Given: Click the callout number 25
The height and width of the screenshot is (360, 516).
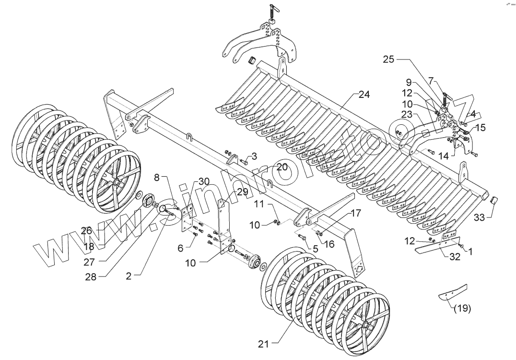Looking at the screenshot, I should tap(389, 60).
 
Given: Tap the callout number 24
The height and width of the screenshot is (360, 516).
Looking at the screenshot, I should tap(364, 95).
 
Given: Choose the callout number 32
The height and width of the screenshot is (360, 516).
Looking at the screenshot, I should tap(455, 257).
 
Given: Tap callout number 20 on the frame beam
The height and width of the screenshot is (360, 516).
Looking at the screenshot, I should tap(281, 167).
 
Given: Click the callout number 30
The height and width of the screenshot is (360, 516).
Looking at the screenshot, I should tap(204, 181).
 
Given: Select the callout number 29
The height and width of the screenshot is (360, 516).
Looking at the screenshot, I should tap(243, 192).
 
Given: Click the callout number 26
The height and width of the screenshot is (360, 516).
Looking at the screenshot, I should tap(86, 231).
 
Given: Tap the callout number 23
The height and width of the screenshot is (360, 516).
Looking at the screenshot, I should tap(407, 115).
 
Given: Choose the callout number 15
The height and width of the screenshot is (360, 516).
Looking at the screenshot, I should tap(481, 128).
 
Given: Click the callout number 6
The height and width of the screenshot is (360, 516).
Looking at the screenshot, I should tap(180, 247).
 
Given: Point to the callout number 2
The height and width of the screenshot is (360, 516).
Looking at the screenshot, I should tap(129, 276).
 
